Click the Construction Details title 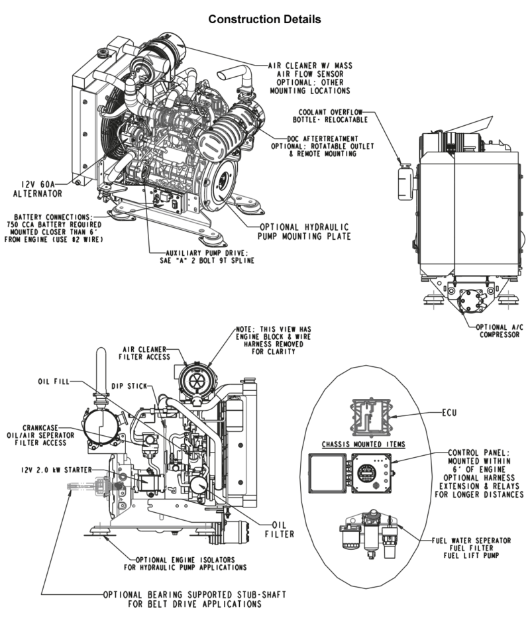[x=265, y=19]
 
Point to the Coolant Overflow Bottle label [x=333, y=115]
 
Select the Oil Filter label [x=279, y=523]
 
